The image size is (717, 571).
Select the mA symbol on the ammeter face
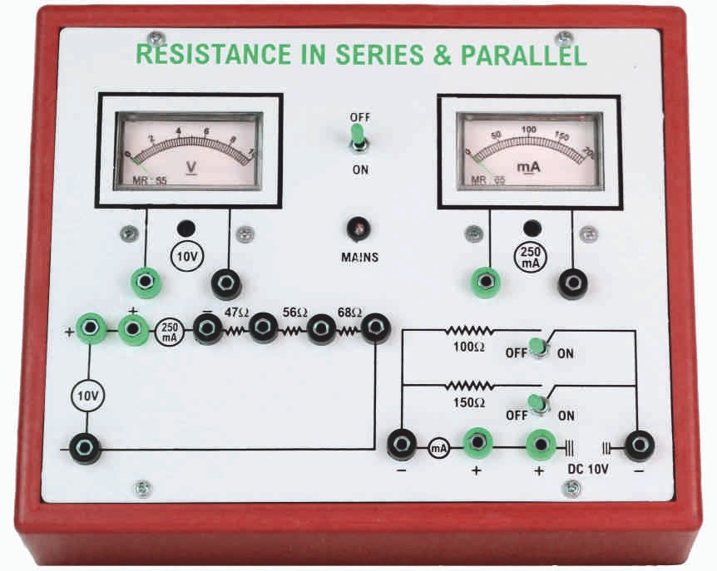click(529, 167)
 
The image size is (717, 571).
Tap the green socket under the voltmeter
click(146, 283)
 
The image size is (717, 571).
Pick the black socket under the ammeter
click(571, 283)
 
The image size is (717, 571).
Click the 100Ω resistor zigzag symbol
click(470, 331)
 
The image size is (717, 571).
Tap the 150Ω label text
click(469, 402)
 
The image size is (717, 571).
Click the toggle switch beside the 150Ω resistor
click(540, 406)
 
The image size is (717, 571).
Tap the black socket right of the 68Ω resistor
click(377, 328)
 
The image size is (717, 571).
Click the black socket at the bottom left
click(85, 449)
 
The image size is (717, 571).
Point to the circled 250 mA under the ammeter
click(530, 254)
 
